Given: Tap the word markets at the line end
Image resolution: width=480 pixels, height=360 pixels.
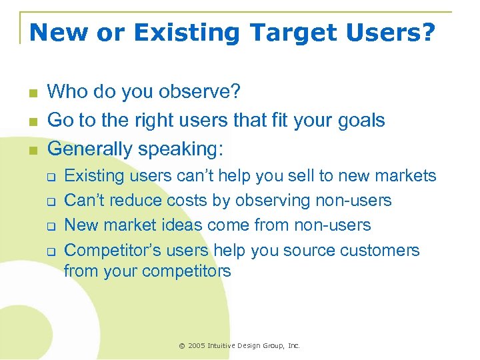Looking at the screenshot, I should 408,176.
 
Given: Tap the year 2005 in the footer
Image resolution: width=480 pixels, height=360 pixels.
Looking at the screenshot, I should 197,346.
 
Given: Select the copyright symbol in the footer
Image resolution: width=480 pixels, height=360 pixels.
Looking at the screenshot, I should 181,346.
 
